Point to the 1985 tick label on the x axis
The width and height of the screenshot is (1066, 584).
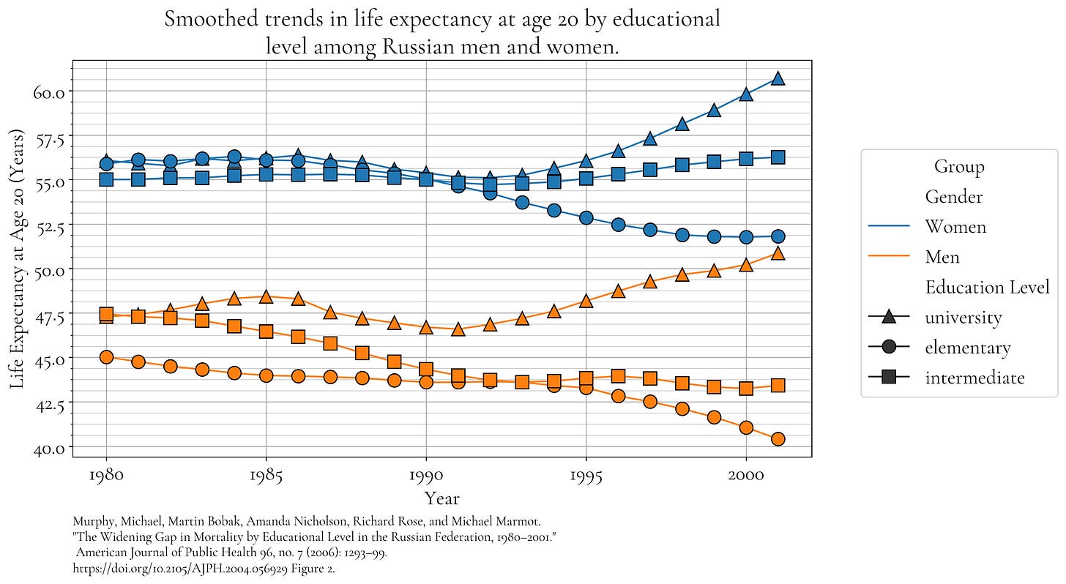[266, 475]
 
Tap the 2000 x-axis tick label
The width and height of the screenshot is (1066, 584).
[745, 475]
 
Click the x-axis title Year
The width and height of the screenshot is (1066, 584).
[442, 499]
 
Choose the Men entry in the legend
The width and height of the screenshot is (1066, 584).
[942, 257]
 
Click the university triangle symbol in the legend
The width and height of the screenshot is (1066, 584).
[888, 317]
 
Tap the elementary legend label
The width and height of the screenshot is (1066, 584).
[967, 348]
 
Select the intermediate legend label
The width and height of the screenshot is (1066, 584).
[974, 378]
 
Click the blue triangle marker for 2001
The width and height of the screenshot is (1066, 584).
[778, 78]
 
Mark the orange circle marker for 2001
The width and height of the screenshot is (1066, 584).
[778, 439]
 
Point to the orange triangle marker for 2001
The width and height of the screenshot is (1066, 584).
[778, 253]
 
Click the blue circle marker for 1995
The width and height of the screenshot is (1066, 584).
[586, 218]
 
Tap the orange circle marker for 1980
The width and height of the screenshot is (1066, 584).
[106, 357]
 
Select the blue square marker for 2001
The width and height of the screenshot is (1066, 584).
[778, 157]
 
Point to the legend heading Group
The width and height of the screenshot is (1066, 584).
[959, 167]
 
